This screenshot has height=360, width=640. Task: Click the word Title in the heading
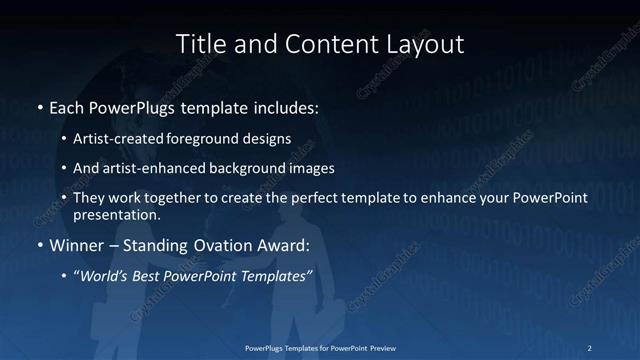coord(201,44)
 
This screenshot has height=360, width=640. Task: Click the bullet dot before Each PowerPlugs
coord(39,105)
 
